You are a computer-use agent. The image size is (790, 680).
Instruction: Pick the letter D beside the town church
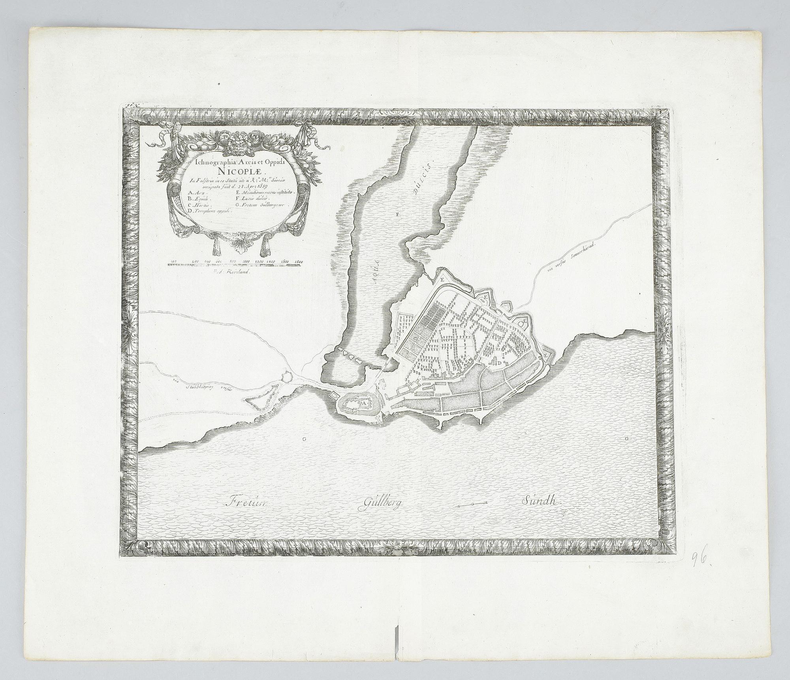[499, 363]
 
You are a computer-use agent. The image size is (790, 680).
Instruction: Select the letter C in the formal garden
[416, 339]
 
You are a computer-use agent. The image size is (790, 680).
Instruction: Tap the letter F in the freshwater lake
[398, 215]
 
